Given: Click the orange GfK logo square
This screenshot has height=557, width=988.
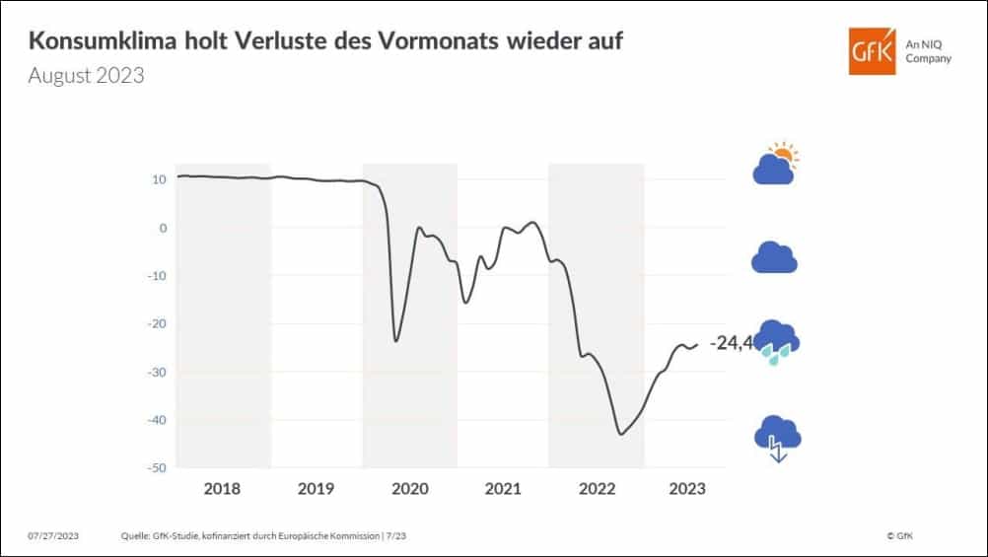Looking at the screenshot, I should pos(873,51).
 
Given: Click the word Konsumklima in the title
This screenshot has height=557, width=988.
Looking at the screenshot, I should pos(95,42).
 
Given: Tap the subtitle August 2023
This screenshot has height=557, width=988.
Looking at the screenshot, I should pos(86,76).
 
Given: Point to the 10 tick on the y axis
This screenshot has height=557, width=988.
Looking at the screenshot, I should pos(159,179).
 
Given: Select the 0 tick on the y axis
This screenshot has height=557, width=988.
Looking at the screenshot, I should pos(162,228).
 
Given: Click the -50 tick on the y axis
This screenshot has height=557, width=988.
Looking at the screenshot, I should pos(156,467).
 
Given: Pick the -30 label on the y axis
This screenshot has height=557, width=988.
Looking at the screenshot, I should pos(156,372).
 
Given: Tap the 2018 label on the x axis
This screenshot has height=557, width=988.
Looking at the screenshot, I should pos(223,488).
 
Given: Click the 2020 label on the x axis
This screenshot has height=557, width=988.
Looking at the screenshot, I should pos(409,488).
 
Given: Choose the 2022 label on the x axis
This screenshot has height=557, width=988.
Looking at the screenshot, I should pos(596,488).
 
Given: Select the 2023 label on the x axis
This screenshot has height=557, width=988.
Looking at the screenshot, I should pos(687,488).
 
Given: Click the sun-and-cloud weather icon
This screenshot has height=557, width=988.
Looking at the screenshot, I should pos(775,165).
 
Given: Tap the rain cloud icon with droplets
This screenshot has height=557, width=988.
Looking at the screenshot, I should pos(776,342).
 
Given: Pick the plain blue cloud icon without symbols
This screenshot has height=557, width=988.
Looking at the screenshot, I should pos(774,257).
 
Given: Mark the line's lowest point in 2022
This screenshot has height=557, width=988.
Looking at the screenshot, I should pos(620,434).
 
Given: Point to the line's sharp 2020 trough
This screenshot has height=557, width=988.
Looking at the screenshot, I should pos(396,341).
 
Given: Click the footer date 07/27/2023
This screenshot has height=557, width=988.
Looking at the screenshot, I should pos(53,535).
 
